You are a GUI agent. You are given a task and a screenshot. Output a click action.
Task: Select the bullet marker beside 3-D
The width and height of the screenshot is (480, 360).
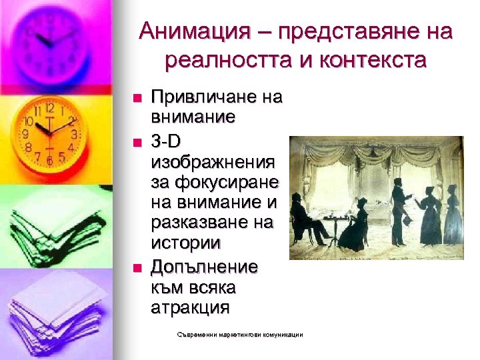tap(137, 142)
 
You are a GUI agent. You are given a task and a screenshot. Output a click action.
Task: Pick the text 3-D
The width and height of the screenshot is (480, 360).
tap(167, 141)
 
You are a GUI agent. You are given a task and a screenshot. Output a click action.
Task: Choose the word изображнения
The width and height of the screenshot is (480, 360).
tap(213, 162)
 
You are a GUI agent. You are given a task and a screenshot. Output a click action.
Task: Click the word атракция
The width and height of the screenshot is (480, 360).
tap(190, 308)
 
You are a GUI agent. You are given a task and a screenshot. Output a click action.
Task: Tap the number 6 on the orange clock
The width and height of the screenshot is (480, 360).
tap(49, 161)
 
